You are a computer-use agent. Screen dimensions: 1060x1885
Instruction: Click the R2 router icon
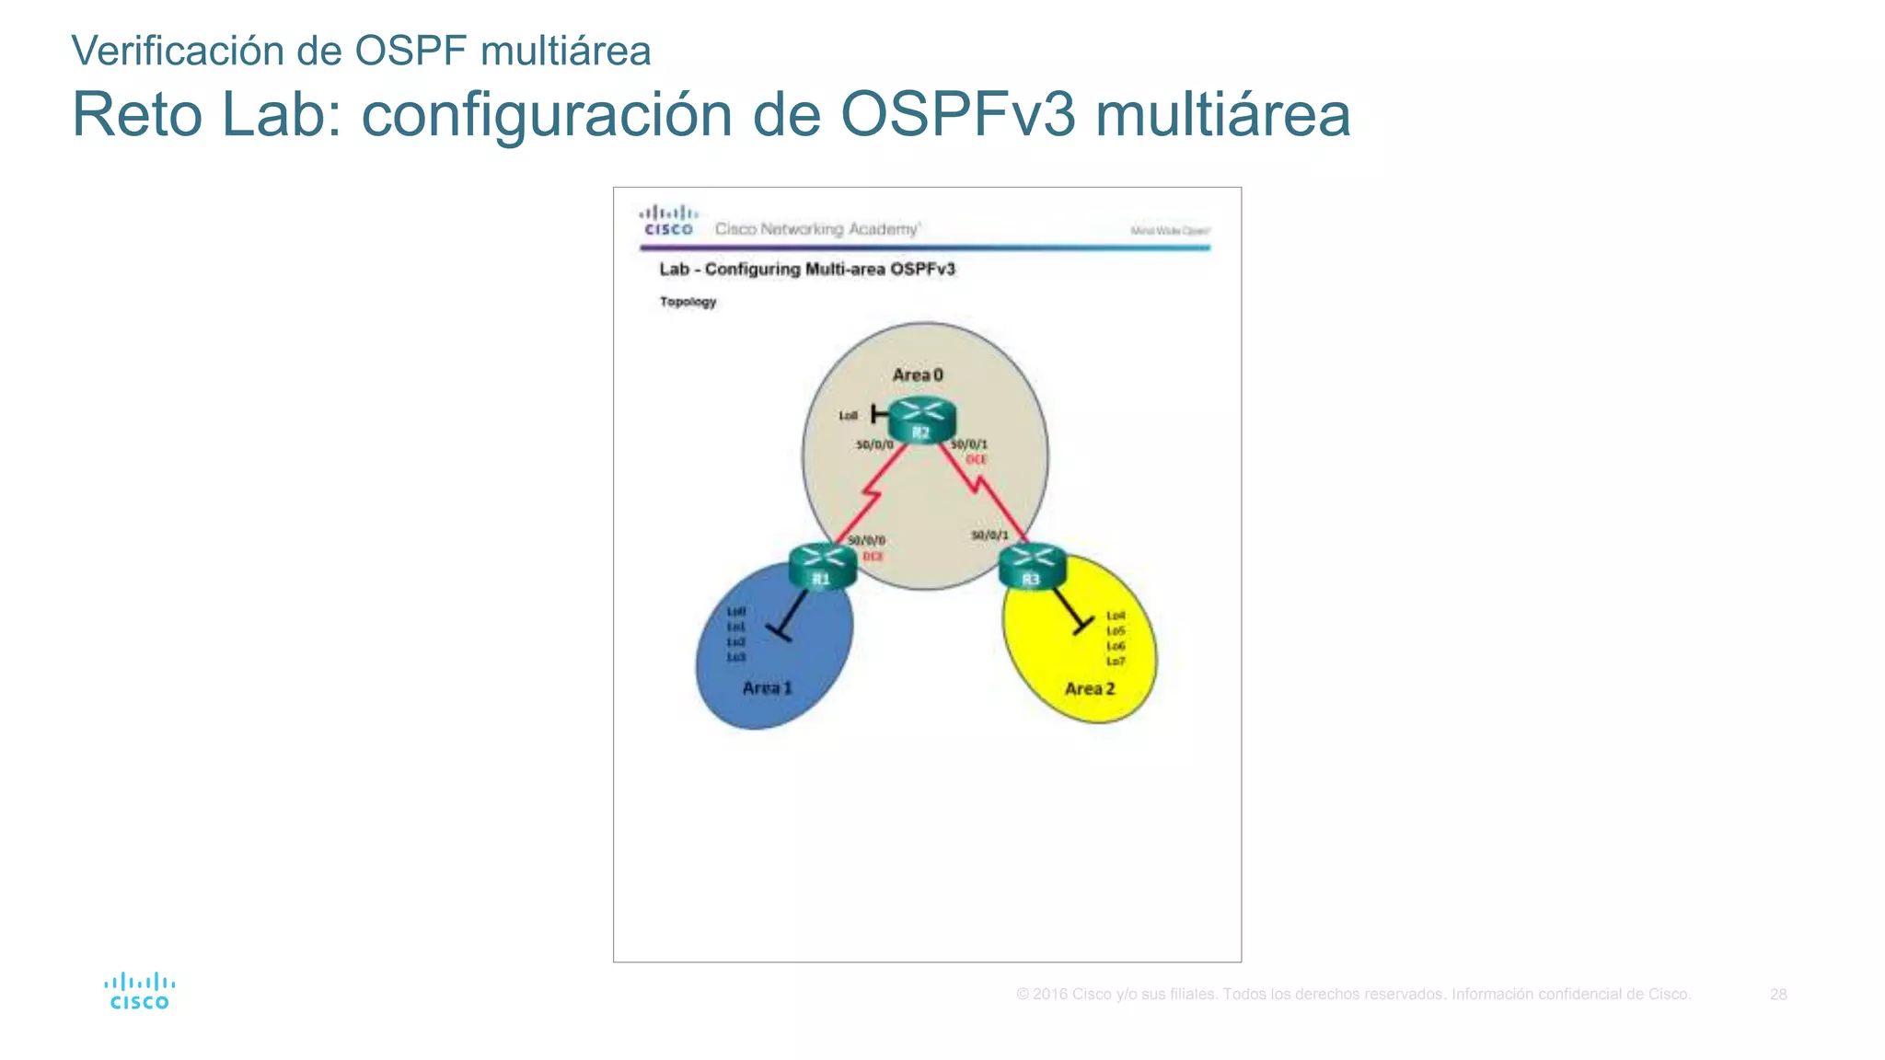coord(922,421)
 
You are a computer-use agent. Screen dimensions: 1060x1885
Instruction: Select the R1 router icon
coord(822,566)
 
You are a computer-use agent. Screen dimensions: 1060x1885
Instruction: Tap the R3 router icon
coord(1032,566)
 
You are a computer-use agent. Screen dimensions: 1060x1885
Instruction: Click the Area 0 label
coord(918,374)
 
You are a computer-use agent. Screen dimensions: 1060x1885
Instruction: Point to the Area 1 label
coord(767,687)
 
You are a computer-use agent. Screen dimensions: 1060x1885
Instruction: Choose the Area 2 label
coord(1090,688)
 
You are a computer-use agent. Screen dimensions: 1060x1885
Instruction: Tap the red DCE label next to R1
coord(873,557)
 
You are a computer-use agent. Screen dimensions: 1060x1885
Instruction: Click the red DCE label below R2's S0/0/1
coord(977,459)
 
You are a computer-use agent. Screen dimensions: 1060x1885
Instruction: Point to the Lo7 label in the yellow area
coord(1116,662)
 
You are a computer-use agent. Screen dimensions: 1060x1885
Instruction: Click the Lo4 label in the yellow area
coord(1116,616)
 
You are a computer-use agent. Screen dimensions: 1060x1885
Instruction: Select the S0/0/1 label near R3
coord(989,535)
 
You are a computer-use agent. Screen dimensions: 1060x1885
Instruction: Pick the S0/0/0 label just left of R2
coord(874,444)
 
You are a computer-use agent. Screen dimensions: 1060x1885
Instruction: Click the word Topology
coord(688,302)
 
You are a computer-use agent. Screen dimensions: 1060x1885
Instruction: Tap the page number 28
coord(1778,995)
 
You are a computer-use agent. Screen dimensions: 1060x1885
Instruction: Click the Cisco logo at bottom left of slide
coord(139,992)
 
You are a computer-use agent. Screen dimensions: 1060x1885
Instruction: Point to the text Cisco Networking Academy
coord(816,229)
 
